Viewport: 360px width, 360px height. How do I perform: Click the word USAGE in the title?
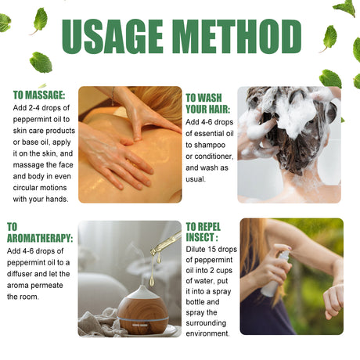pos(113,36)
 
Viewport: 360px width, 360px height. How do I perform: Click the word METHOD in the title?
pos(236,36)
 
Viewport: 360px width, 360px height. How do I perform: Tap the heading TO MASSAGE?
pos(39,95)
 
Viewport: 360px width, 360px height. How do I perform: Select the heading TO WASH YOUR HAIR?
pos(208,103)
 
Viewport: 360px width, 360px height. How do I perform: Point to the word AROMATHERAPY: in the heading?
pos(40,238)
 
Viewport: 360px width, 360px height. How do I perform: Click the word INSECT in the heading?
pos(200,237)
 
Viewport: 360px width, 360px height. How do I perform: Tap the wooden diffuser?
pos(142,310)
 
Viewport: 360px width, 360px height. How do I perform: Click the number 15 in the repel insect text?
pos(212,249)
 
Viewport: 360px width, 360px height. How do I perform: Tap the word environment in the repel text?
pos(207,333)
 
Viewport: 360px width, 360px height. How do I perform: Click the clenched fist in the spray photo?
pos(333,301)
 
